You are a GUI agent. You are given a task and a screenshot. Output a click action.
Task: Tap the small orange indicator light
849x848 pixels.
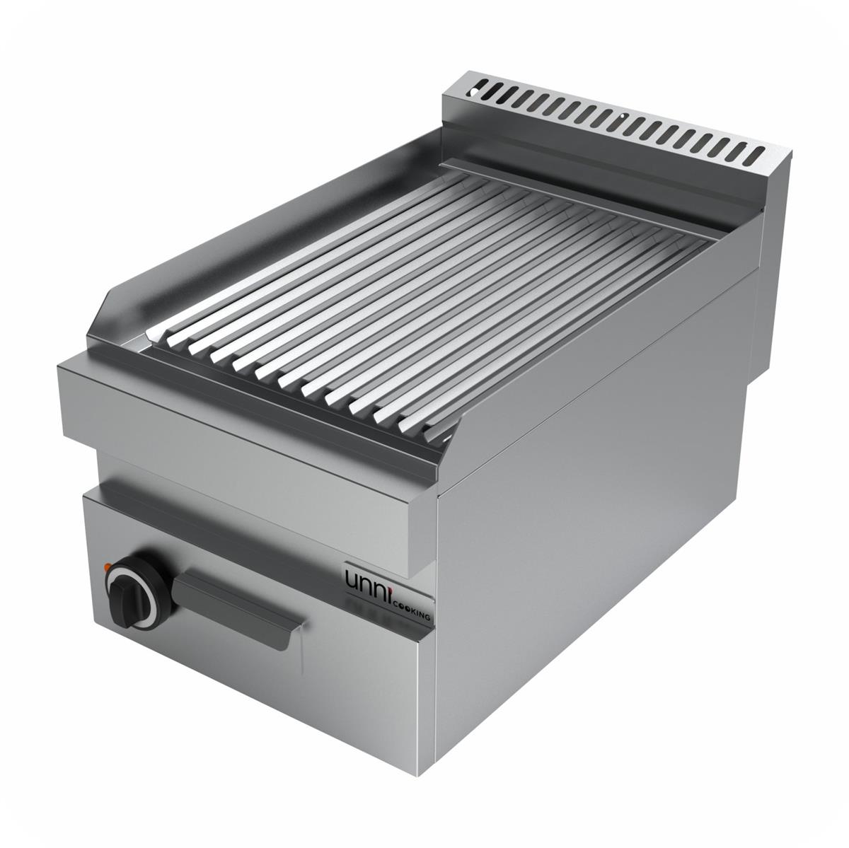tap(107, 565)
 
